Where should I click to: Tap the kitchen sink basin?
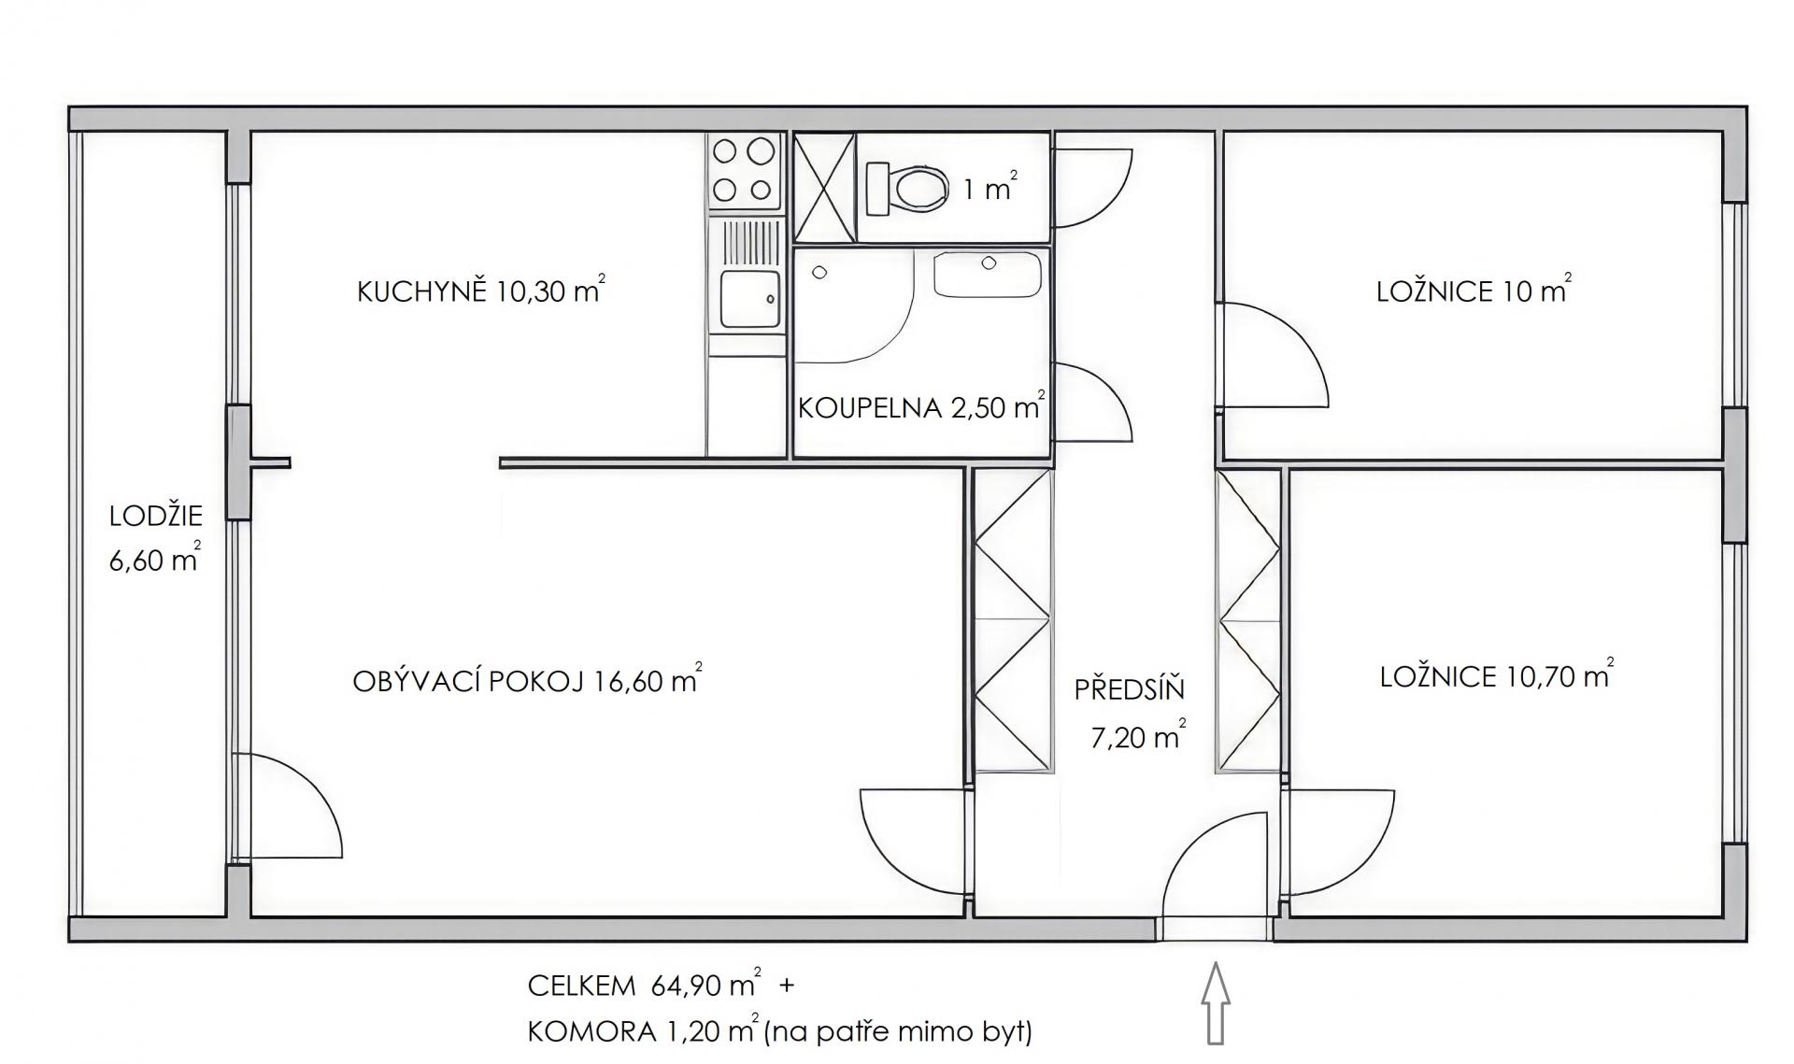click(x=749, y=299)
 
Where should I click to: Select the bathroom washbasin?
click(x=988, y=275)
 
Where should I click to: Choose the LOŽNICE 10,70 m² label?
click(x=1497, y=674)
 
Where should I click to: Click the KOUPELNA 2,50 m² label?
click(x=921, y=407)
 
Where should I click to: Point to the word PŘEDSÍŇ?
click(x=1129, y=689)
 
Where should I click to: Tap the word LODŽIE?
click(x=156, y=516)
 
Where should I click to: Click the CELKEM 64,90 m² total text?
click(x=645, y=985)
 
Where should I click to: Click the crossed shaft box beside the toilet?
click(x=824, y=189)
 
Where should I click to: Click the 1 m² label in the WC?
click(x=990, y=189)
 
